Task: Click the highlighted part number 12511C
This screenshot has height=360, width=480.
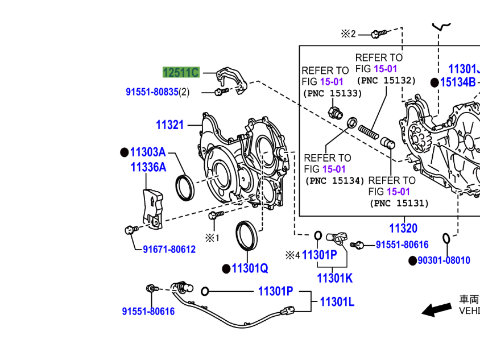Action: [181, 72]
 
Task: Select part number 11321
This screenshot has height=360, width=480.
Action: [170, 125]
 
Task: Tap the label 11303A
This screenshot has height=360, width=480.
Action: [147, 152]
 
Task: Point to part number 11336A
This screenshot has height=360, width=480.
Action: [148, 167]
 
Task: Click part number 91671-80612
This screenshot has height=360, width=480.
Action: [169, 249]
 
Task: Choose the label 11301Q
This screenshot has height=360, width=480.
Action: [250, 268]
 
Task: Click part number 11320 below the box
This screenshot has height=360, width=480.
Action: [403, 229]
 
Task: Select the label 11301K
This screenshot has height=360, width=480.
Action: [334, 278]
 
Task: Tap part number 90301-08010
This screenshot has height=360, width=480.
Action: [444, 260]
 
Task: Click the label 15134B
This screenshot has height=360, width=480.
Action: [457, 82]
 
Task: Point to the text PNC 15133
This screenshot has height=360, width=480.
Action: [333, 93]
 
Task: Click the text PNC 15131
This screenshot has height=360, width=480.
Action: [399, 203]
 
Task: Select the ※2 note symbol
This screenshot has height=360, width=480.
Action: [348, 34]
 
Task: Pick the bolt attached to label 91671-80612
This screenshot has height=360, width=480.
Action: [130, 230]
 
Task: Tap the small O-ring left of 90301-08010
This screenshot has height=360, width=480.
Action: [447, 237]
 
